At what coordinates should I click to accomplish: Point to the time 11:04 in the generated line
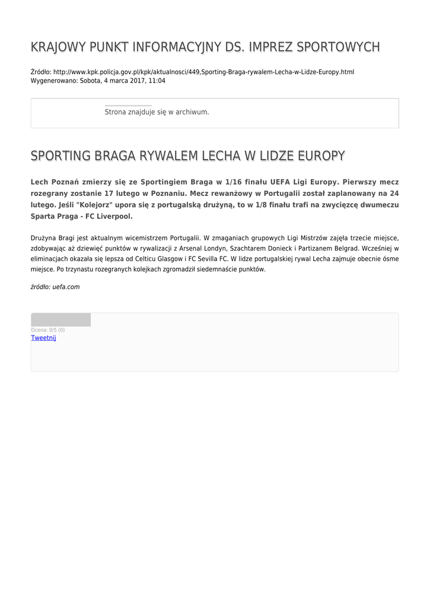157,81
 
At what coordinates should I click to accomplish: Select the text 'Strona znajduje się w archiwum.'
157,112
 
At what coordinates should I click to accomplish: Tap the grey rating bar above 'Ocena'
60,319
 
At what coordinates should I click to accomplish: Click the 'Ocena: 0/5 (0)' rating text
48,330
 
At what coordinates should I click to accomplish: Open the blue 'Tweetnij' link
43,338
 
